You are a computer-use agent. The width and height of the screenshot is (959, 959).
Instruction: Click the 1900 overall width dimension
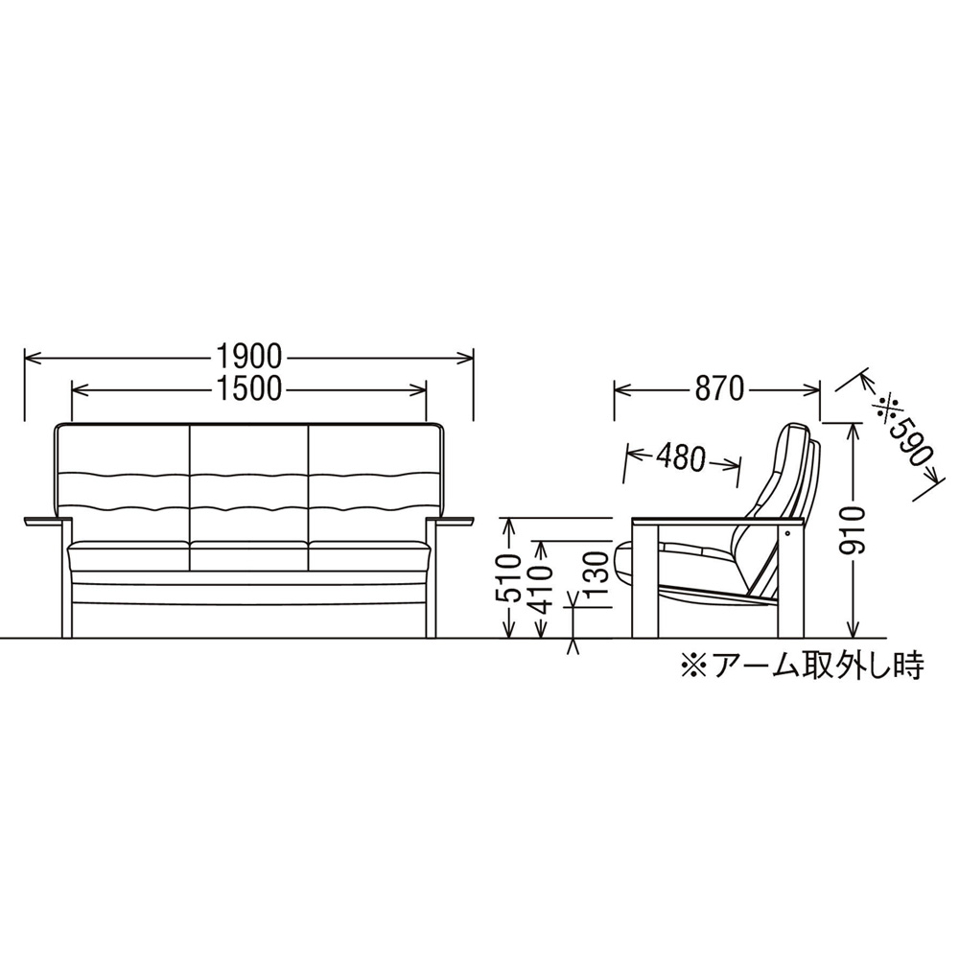(248, 357)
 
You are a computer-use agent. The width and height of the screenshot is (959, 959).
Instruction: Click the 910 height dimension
(853, 531)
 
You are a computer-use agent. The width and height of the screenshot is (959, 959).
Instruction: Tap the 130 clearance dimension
(599, 574)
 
